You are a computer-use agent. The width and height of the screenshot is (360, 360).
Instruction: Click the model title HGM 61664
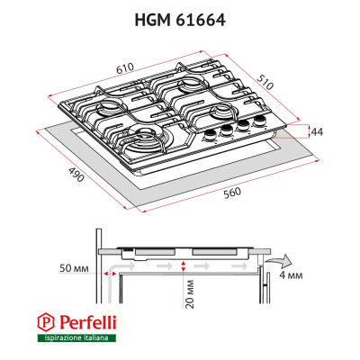180,17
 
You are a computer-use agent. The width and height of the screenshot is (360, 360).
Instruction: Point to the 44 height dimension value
316,132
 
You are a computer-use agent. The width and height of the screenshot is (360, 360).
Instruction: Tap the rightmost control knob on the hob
262,120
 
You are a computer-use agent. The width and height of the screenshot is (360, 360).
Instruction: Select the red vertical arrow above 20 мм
183,265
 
